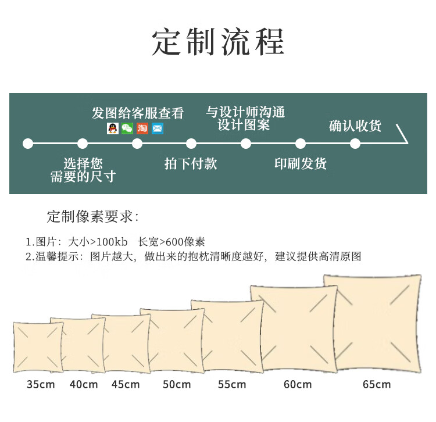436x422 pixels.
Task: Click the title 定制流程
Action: (x=218, y=42)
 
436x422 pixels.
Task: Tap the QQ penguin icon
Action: (x=112, y=128)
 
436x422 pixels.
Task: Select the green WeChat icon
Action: (x=127, y=128)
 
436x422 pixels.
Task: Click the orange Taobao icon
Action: (x=142, y=128)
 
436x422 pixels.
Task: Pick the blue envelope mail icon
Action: (x=158, y=128)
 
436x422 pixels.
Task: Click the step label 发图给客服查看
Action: (x=138, y=113)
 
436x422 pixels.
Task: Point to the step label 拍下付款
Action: (x=191, y=163)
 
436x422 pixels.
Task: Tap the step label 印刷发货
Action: (x=300, y=163)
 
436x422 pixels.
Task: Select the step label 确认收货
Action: (x=355, y=125)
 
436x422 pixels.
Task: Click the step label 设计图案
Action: (x=244, y=124)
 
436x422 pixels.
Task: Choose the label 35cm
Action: (x=41, y=384)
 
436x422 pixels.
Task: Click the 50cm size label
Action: (x=177, y=384)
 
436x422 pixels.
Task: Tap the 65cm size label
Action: (x=377, y=384)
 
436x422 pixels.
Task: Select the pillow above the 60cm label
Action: (x=294, y=328)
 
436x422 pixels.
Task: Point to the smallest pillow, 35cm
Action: (x=38, y=348)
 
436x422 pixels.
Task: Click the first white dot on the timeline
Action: (x=27, y=143)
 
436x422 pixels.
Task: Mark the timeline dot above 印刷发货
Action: (x=301, y=143)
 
